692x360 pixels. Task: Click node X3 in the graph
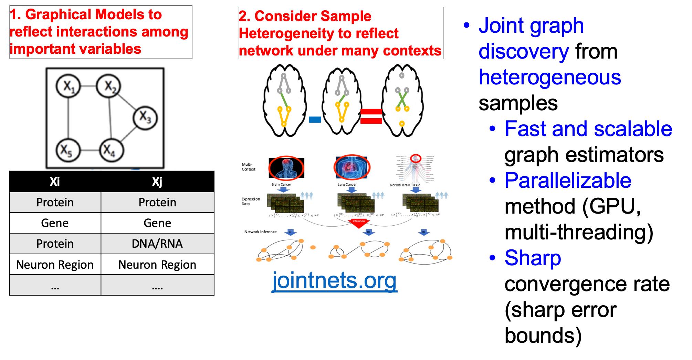coord(145,117)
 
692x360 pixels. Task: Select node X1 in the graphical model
coord(68,86)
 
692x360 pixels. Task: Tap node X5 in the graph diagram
coord(68,150)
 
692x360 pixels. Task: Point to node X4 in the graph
coord(112,150)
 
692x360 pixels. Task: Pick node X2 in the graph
coord(109,86)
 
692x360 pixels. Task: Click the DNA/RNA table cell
coord(157,244)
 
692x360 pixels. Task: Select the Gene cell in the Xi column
coord(55,223)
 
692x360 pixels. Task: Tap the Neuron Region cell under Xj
coord(157,265)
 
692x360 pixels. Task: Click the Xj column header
coord(157,182)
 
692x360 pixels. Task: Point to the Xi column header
coord(55,182)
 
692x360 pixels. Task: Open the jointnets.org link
coord(334,280)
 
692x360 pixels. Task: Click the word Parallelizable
coord(568,181)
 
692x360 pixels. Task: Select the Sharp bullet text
coord(533,258)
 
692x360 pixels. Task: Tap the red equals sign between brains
coord(371,116)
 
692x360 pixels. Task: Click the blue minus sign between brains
coord(315,120)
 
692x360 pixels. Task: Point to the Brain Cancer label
coord(281,184)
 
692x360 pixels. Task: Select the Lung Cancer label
coord(347,184)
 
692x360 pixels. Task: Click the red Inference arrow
coord(358,223)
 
